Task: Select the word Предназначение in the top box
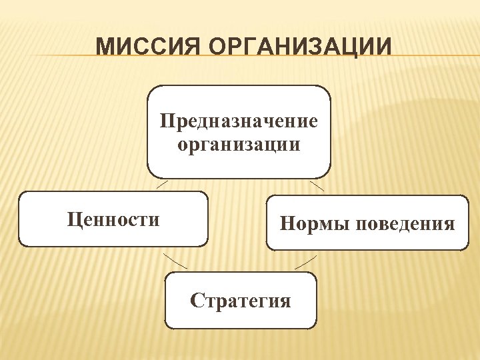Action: point(239,122)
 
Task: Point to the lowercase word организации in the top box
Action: point(239,144)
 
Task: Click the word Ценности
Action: point(113,219)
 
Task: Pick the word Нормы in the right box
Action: point(312,223)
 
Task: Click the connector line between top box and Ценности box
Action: point(161,185)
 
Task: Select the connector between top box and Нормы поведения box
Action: point(317,186)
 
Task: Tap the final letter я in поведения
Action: point(449,223)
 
